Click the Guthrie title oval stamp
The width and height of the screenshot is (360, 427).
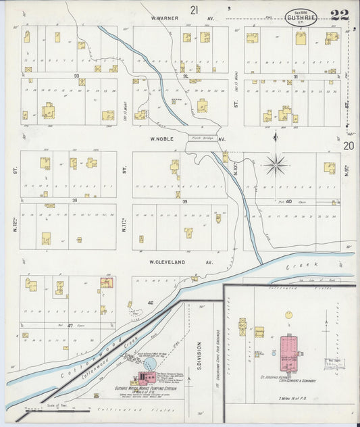point(302,15)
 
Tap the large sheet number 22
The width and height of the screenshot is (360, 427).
point(340,15)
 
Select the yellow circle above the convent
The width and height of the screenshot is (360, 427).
point(289,315)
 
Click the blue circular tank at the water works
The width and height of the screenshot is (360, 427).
point(150,364)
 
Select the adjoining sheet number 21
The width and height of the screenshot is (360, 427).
point(195,9)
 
